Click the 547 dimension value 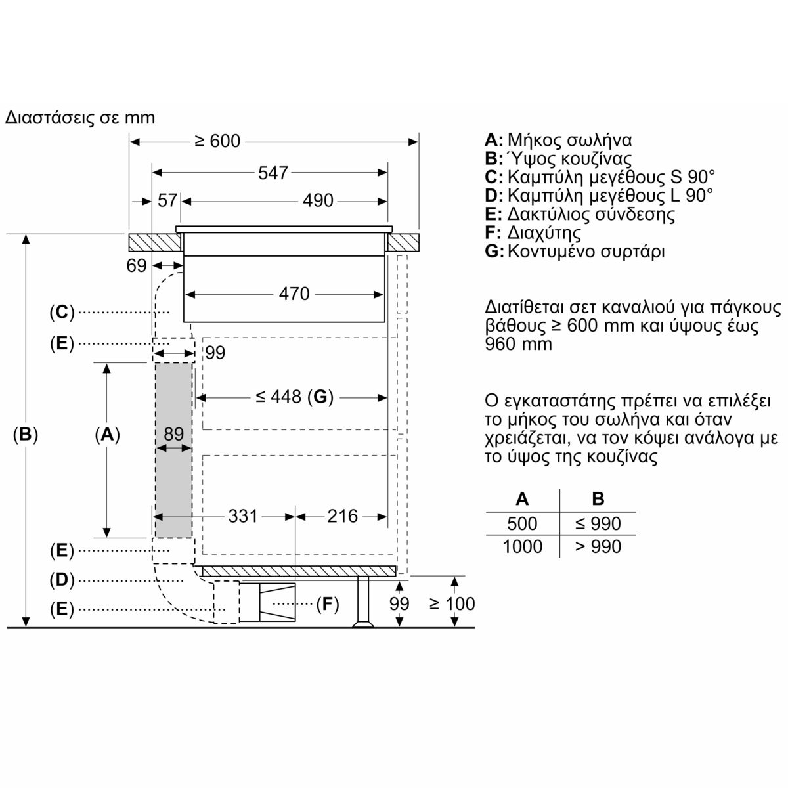(273, 173)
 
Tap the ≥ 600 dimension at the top (217, 141)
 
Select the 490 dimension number (318, 201)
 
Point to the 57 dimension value (167, 201)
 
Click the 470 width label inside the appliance (294, 294)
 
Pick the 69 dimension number (136, 266)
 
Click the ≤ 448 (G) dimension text (294, 397)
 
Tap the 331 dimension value (243, 516)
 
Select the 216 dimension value (342, 516)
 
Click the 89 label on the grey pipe (173, 434)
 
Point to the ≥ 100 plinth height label (452, 603)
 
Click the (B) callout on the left (26, 434)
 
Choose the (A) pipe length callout (107, 434)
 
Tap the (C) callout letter (62, 313)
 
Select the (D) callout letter (62, 580)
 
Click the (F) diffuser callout (328, 603)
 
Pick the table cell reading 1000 (522, 546)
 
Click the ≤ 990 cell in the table (598, 523)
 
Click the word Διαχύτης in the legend (544, 232)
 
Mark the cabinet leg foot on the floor (363, 624)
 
